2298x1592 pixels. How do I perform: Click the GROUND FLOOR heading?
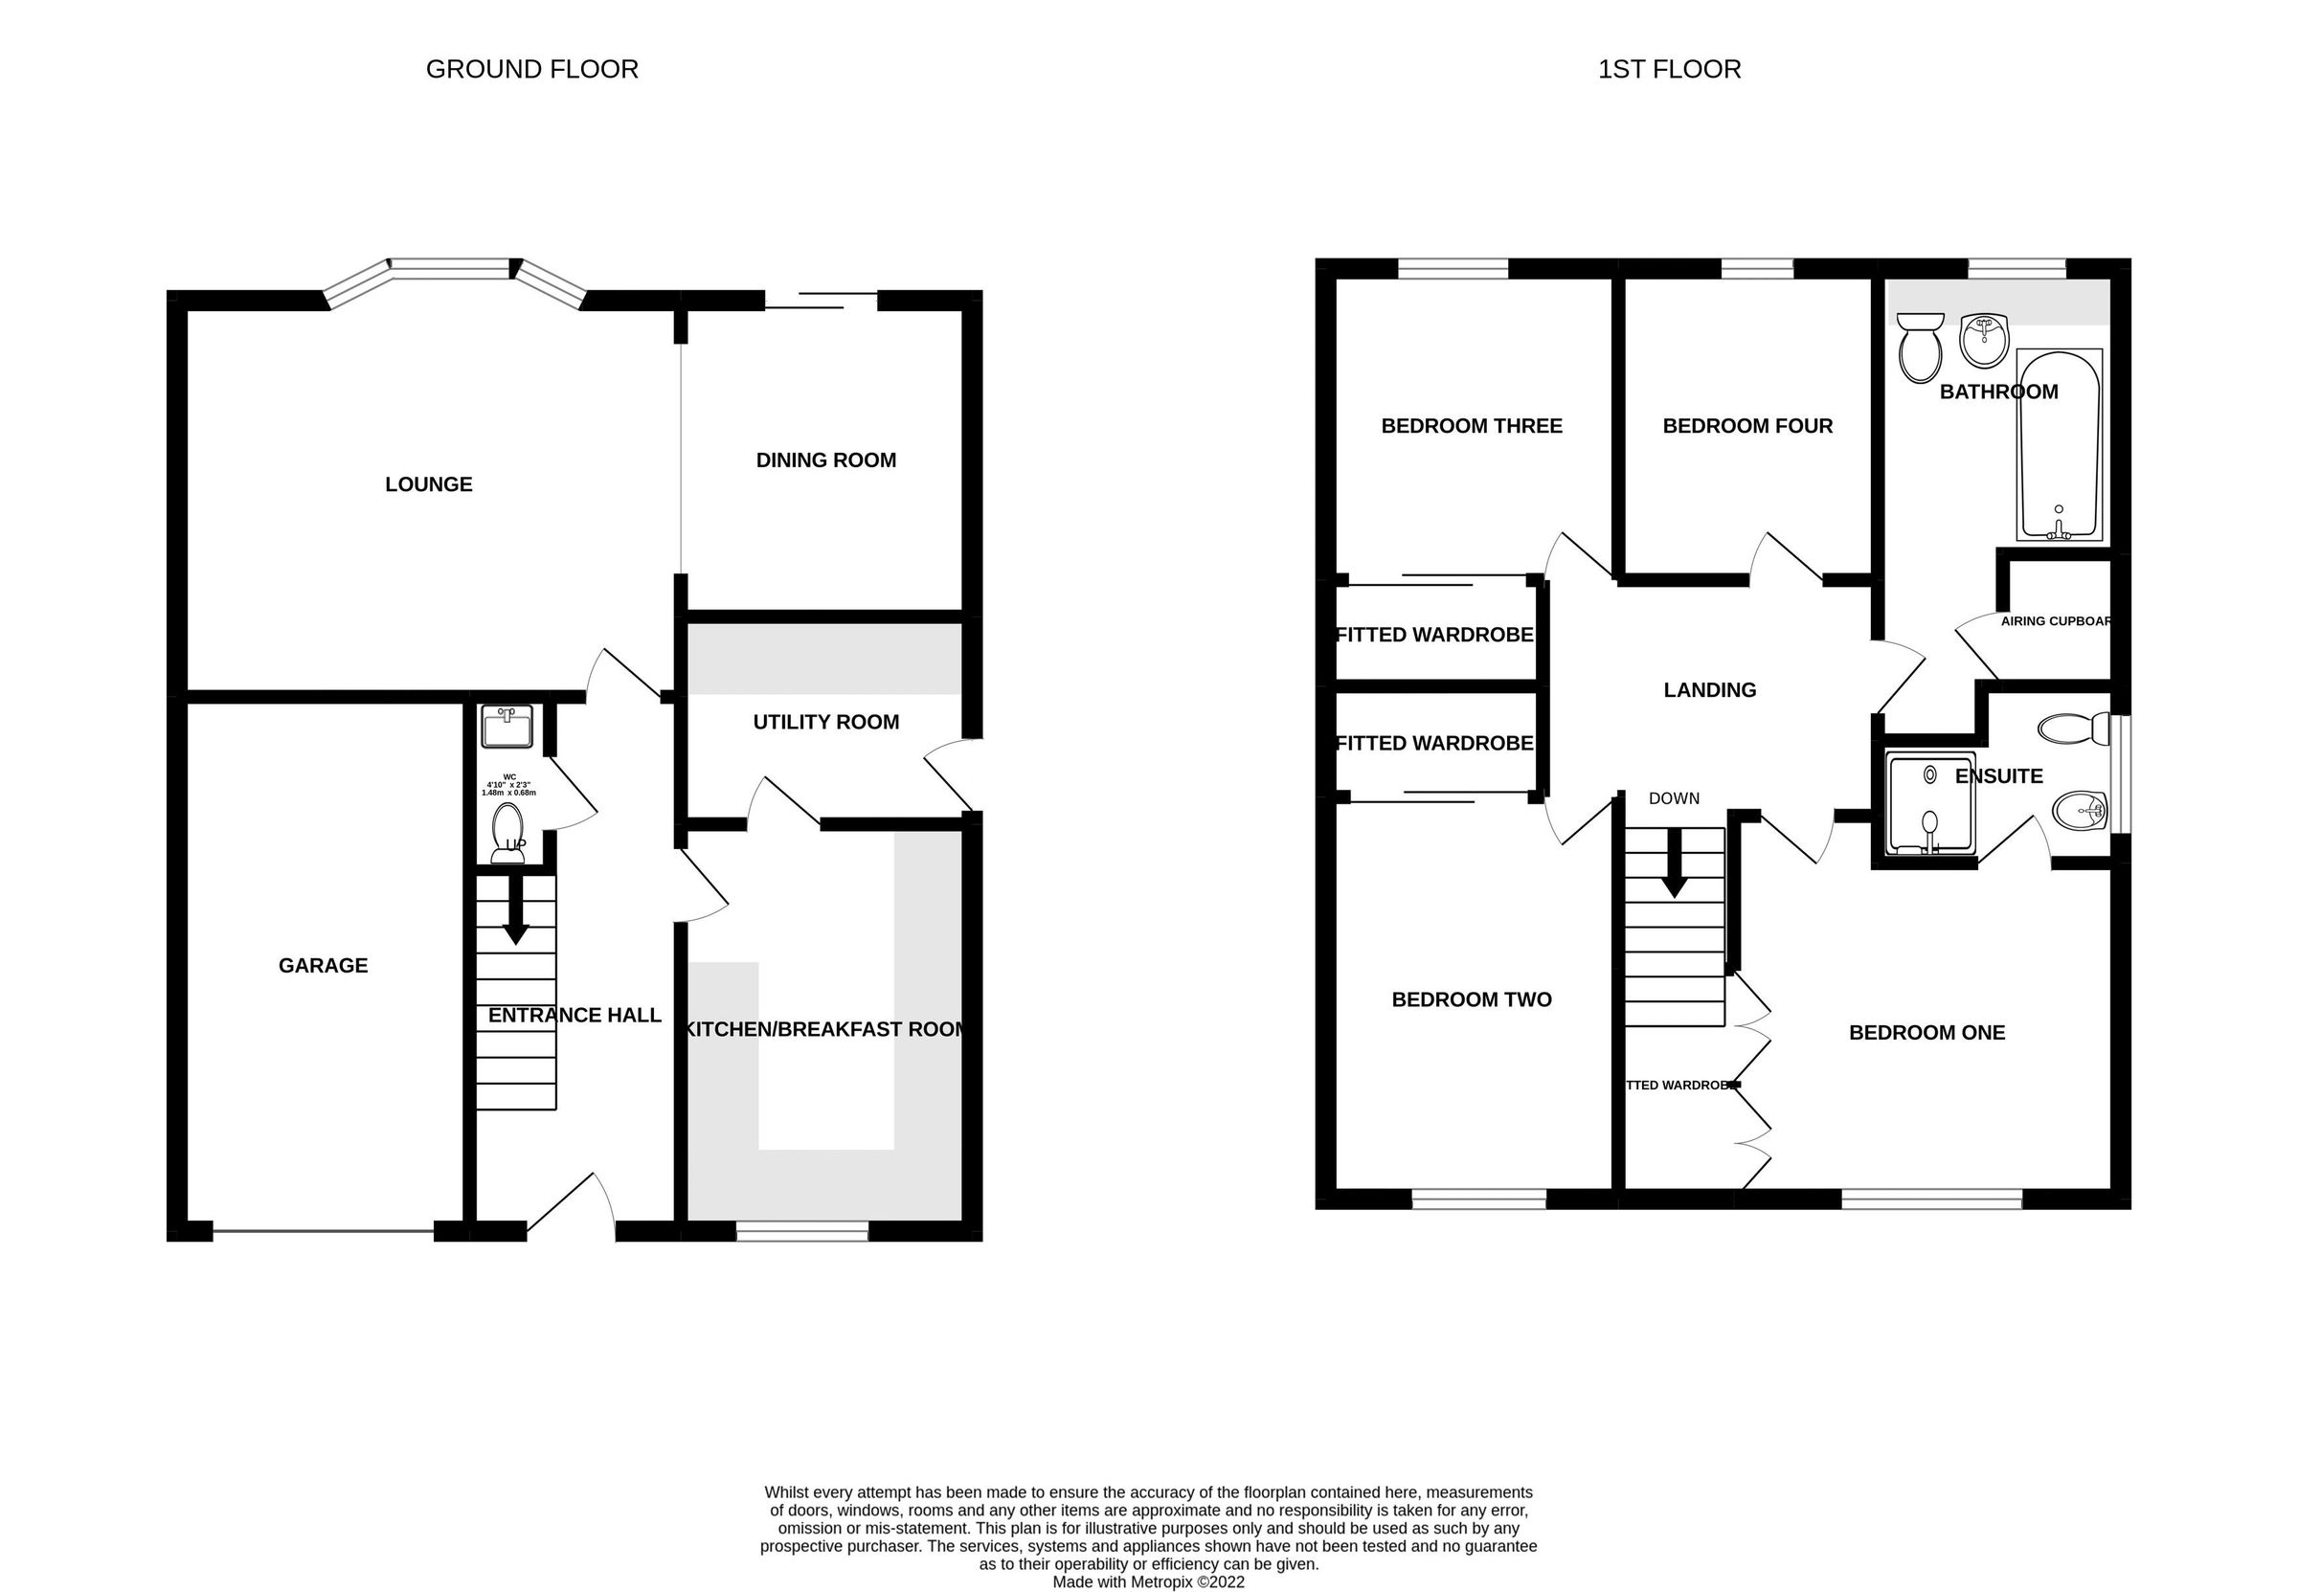click(x=531, y=69)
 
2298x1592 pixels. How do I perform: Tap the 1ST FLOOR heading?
click(x=1669, y=69)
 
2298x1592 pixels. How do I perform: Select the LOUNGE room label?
click(x=429, y=484)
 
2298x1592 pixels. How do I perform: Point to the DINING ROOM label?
click(x=825, y=460)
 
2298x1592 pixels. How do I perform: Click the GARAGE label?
click(x=324, y=966)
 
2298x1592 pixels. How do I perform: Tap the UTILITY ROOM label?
click(x=825, y=722)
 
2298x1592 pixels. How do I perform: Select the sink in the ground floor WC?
click(x=507, y=727)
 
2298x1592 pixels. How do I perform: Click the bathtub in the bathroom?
click(x=2059, y=445)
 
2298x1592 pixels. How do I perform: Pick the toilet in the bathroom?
click(x=1920, y=349)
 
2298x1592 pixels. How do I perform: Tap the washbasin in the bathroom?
click(x=1984, y=340)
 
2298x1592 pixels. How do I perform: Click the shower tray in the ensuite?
click(x=1931, y=804)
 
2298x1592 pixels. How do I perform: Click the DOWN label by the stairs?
click(x=1674, y=798)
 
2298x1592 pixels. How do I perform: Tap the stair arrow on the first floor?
click(x=1675, y=863)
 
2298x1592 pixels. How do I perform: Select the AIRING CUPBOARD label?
click(x=2055, y=621)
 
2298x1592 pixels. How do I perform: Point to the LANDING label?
click(x=1709, y=690)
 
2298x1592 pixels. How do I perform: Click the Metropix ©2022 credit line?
click(x=1148, y=1582)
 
